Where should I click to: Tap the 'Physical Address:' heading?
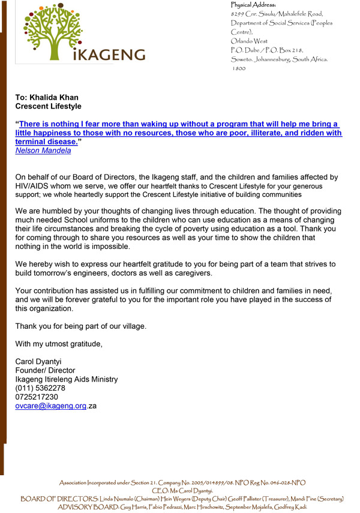click(253, 5)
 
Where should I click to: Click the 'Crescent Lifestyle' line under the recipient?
click(48, 106)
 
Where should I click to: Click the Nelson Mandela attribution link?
click(43, 151)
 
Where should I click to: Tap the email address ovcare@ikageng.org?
click(51, 406)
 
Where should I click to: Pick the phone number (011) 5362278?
click(40, 388)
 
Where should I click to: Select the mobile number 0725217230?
click(37, 397)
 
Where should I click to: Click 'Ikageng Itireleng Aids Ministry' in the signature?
click(67, 379)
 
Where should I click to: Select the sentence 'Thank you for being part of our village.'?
click(81, 326)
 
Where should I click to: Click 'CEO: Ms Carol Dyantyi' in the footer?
click(182, 491)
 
